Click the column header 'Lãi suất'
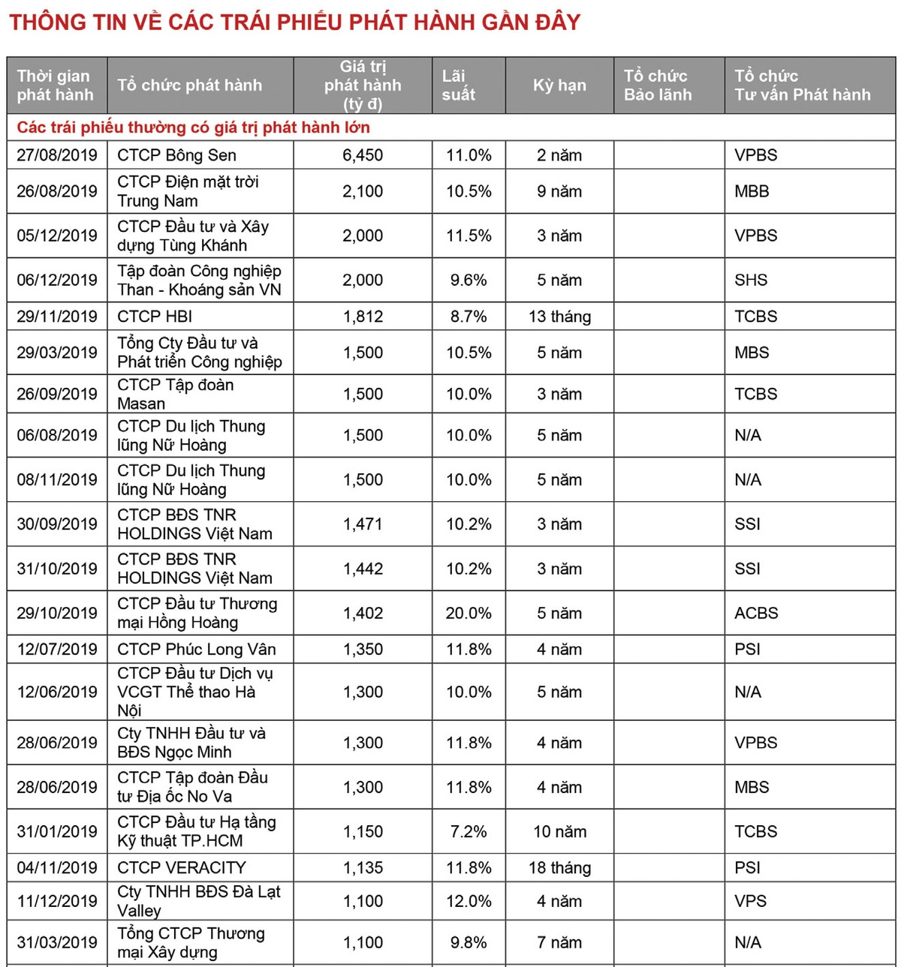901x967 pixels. (458, 86)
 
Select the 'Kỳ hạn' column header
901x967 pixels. (559, 86)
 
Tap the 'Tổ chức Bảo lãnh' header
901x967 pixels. (657, 86)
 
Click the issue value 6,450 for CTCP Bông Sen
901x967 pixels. (363, 155)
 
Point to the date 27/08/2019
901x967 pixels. (57, 155)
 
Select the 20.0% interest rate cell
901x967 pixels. (469, 613)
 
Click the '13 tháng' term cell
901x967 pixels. (559, 317)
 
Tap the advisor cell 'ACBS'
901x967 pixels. (756, 613)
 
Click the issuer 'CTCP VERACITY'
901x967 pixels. (182, 868)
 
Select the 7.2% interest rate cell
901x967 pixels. (469, 831)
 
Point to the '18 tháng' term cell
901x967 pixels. (559, 868)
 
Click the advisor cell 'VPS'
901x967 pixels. (750, 901)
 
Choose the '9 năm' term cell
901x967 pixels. (559, 191)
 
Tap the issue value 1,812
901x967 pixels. (363, 317)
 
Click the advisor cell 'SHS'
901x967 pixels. (751, 280)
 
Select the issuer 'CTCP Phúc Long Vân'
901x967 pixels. (197, 649)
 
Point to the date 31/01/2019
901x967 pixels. (57, 831)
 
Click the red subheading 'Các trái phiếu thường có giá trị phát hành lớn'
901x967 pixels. (194, 128)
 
